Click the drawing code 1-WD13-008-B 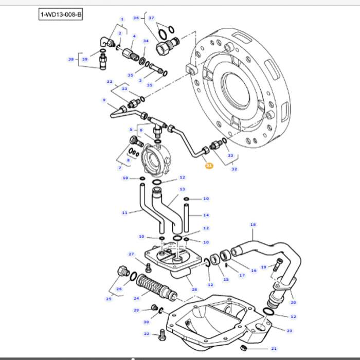pos(60,14)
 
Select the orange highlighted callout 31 pos(209,166)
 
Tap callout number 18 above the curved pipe pos(253,225)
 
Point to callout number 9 pos(104,100)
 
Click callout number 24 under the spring pos(136,298)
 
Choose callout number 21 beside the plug pos(274,348)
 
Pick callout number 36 pos(136,17)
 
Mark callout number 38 pos(71,59)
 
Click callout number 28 pos(194,290)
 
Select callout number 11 pos(124,212)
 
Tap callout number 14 pos(206,215)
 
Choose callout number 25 pos(109,299)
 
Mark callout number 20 pos(293,302)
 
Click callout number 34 pos(146,41)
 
